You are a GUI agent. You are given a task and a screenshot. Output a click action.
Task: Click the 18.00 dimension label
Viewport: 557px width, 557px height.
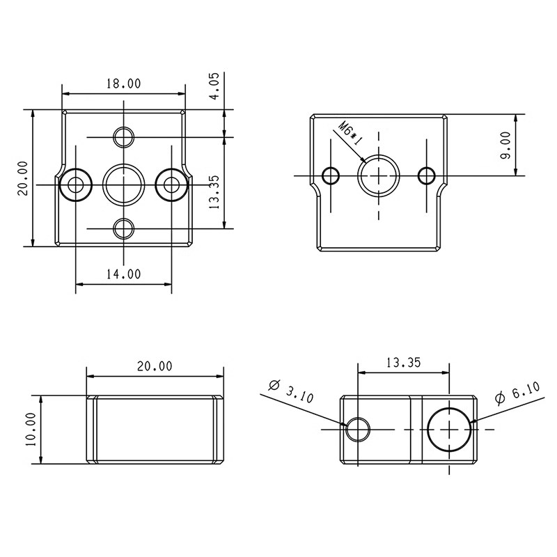click(123, 84)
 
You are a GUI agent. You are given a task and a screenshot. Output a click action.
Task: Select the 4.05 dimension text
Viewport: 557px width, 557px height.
click(215, 86)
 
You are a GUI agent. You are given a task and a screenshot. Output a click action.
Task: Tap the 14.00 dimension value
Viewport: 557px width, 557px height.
click(123, 274)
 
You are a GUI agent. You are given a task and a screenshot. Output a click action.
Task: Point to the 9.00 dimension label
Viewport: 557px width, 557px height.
click(505, 146)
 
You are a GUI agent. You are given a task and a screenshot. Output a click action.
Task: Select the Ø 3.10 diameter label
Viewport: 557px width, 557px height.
click(291, 392)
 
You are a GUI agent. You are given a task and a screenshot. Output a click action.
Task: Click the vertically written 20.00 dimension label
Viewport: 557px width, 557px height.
click(23, 178)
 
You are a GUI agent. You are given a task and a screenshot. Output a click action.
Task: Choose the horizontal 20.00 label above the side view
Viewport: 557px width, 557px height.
click(155, 366)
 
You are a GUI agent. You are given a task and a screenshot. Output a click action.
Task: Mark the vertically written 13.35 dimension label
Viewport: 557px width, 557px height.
click(214, 191)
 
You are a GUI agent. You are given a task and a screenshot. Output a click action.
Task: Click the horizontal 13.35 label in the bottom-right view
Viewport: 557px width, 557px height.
click(403, 363)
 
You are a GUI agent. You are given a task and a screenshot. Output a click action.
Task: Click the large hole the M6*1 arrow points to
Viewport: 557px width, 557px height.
click(378, 175)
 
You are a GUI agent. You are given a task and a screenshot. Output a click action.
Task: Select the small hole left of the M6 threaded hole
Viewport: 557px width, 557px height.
click(332, 175)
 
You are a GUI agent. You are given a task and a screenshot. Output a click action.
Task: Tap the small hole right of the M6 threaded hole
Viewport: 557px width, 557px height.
click(425, 175)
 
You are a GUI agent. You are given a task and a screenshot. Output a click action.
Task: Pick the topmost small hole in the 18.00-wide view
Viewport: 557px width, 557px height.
click(124, 136)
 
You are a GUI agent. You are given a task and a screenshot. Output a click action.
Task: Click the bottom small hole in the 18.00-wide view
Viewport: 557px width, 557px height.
click(124, 228)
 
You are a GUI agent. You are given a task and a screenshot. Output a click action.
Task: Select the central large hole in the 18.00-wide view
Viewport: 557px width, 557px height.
click(124, 184)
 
